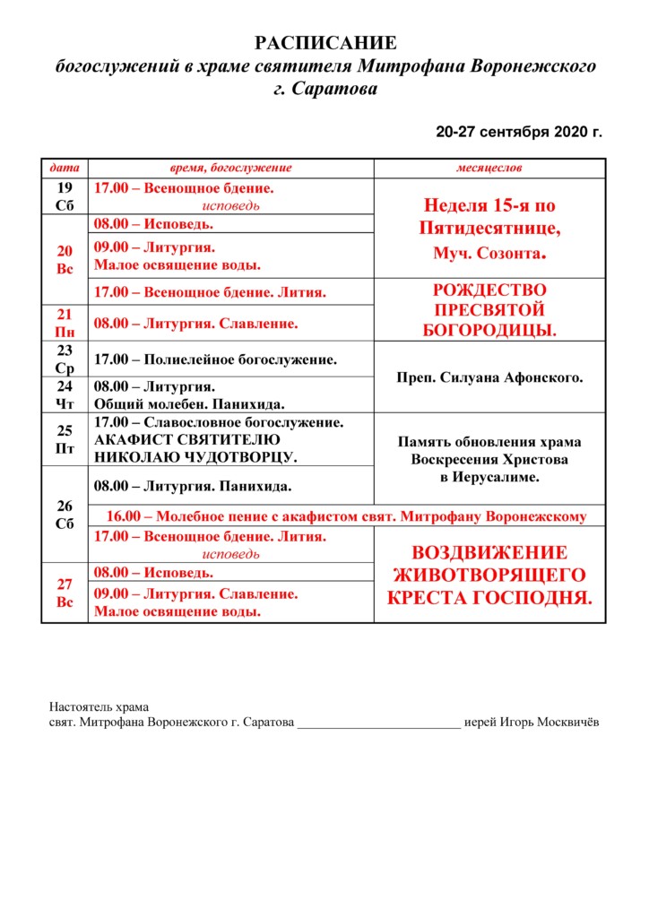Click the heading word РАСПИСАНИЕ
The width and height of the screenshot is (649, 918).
pos(325,44)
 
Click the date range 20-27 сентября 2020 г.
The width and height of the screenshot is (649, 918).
pos(519,132)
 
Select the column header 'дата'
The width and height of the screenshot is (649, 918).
pos(65,168)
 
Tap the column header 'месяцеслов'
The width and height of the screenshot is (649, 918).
pos(489,168)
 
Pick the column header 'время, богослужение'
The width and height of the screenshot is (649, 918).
pos(231,168)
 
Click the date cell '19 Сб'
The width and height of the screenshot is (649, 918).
pos(65,196)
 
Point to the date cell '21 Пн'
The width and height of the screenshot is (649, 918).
pos(65,323)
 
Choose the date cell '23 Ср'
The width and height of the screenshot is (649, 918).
pos(65,359)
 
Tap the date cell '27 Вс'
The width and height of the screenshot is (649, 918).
pos(65,593)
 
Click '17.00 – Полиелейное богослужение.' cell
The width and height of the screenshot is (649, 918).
pos(216,359)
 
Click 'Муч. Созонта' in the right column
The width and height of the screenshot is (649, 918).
pos(489,255)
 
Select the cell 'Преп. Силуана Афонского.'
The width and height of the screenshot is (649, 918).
pos(489,377)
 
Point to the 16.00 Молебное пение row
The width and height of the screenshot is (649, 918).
pos(346,515)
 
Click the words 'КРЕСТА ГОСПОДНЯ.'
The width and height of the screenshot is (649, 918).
pos(489,596)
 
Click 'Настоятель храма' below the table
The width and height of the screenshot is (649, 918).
pos(99,706)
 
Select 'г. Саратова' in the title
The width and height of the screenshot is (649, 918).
pos(325,90)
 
